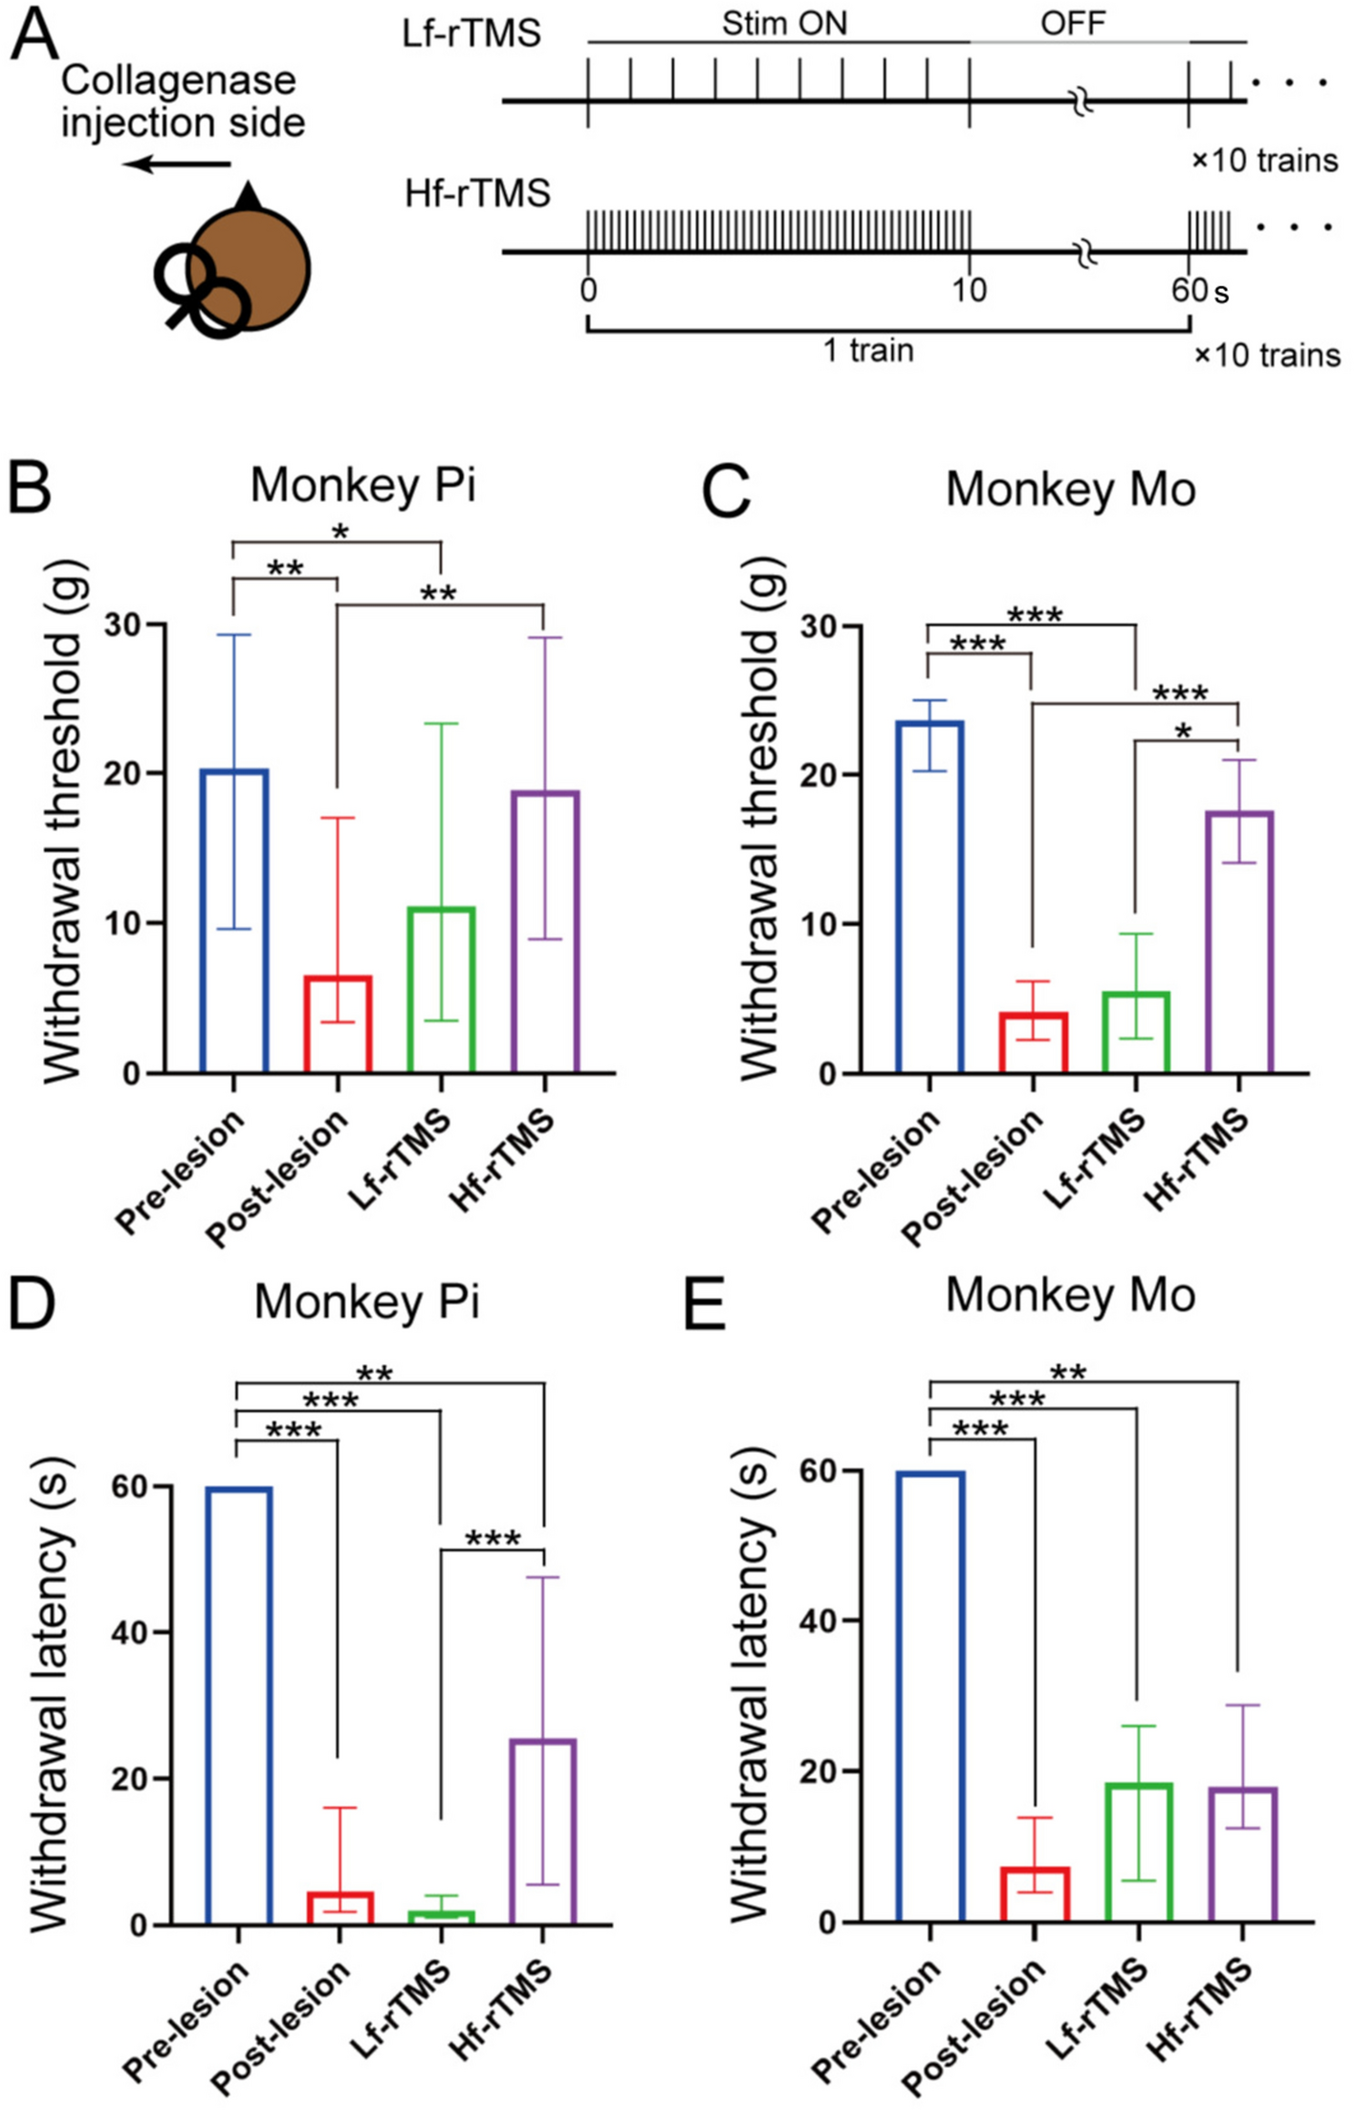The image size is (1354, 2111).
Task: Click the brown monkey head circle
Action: [x=251, y=269]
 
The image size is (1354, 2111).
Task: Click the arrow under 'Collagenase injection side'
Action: [x=178, y=165]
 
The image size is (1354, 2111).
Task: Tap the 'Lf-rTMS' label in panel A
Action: [x=471, y=33]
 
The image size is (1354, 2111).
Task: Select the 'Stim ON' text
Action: [x=784, y=23]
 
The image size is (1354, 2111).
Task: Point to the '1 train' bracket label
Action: [x=868, y=351]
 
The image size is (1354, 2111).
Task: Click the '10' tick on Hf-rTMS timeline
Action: [x=969, y=289]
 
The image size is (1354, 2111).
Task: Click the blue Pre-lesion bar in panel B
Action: [x=233, y=919]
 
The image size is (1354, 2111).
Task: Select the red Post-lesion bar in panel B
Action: [x=338, y=1023]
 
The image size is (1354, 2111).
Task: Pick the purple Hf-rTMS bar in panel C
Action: [x=1239, y=941]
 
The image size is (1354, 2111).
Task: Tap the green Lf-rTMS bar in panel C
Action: [x=1135, y=1033]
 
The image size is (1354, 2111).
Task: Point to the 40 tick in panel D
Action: [x=130, y=1632]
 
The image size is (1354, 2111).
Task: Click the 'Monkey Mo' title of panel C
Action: [x=1070, y=489]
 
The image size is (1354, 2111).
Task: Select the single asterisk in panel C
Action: [x=1183, y=732]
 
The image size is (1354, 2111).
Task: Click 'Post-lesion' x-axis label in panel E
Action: [x=973, y=2026]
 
